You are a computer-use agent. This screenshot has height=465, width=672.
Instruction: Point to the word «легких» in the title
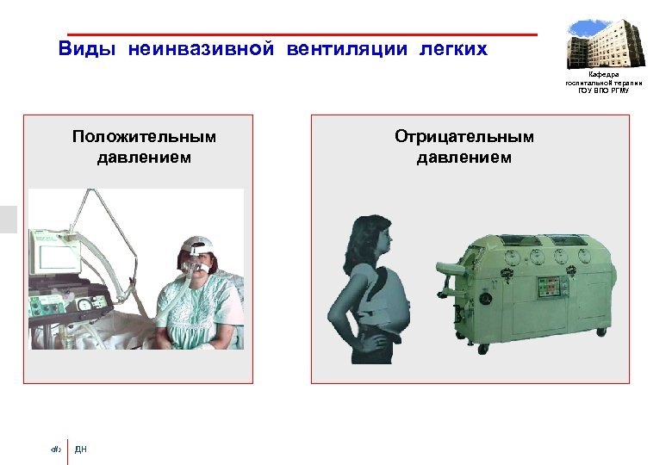[x=453, y=49]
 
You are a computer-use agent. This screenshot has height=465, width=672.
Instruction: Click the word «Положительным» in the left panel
[x=145, y=137]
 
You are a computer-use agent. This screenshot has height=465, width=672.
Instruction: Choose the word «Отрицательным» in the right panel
[x=464, y=137]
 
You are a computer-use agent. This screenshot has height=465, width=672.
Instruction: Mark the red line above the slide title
[x=302, y=35]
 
